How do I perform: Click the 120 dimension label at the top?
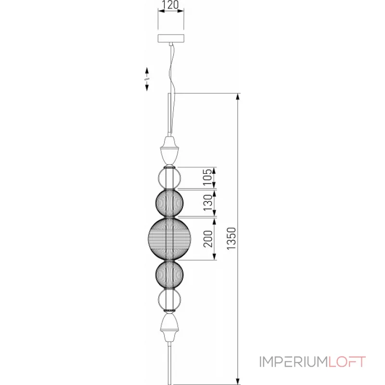[170, 5]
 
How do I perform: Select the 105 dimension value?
[207, 177]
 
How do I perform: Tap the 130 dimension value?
[207, 203]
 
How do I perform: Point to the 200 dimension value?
[208, 239]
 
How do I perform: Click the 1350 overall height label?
[231, 238]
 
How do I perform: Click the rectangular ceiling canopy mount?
[171, 38]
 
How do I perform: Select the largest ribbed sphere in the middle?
[170, 238]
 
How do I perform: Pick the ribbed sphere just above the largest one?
[169, 203]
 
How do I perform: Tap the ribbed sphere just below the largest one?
[169, 274]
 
